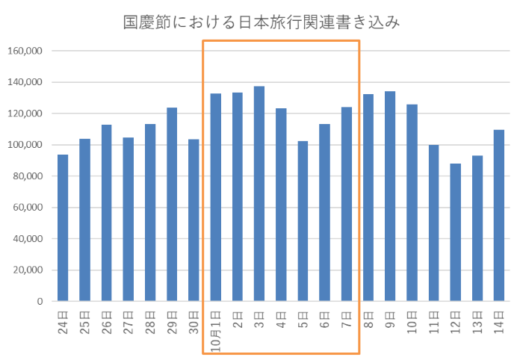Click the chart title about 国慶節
261,22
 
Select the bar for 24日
63,228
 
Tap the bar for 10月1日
215,197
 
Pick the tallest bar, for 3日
259,193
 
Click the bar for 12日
455,232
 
